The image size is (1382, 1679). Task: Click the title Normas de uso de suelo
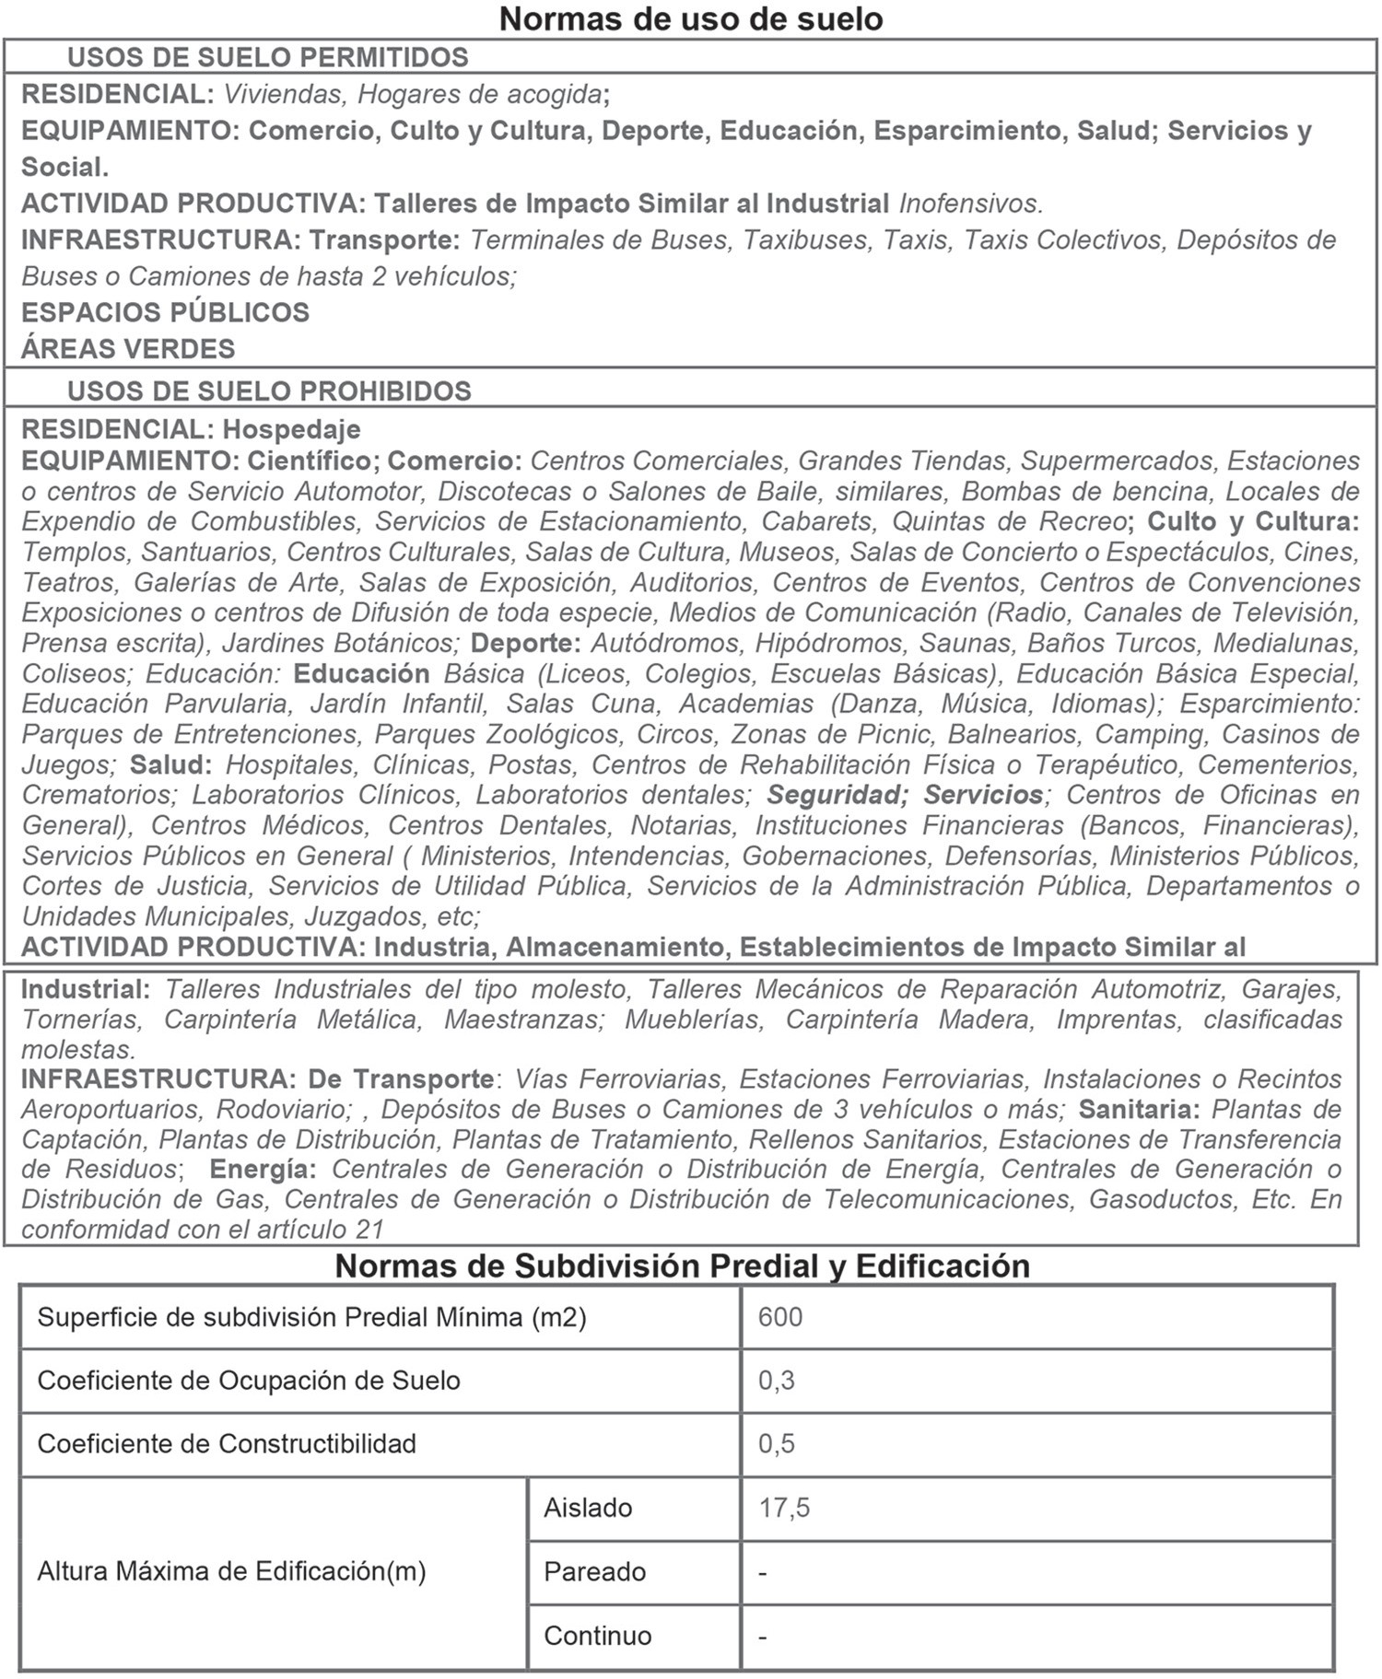coord(691,18)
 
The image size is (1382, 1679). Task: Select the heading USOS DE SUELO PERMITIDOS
coord(268,57)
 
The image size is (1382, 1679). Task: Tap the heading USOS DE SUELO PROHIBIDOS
coord(269,391)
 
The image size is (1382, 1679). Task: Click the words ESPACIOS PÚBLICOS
coord(166,312)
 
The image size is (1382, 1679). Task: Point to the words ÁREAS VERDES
coord(129,349)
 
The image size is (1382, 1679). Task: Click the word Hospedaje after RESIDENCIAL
coord(292,429)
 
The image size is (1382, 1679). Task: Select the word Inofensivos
coord(970,203)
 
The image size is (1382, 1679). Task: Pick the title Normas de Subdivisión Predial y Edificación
coord(682,1265)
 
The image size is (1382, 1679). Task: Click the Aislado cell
coord(588,1508)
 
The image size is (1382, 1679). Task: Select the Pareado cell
coord(594,1571)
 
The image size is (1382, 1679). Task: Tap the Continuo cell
coord(597,1636)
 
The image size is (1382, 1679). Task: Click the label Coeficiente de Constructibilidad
coord(227,1443)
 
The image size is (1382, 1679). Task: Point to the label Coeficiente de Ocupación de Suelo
coord(249,1381)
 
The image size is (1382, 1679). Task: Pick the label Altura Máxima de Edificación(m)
coord(231,1571)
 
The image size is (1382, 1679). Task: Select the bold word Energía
coord(264,1170)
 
